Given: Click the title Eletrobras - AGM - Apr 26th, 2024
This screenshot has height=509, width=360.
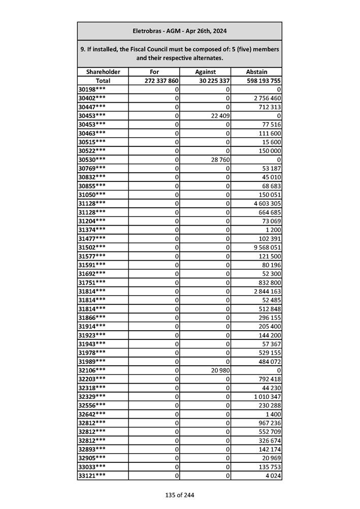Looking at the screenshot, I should [179, 31].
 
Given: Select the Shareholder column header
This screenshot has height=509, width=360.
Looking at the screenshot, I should [103, 72].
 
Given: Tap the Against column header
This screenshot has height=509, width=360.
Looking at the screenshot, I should [205, 72].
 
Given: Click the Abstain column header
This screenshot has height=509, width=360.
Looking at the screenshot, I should [256, 72].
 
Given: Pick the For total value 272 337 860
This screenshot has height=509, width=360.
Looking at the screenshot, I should [161, 81].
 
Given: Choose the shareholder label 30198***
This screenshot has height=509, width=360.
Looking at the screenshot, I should [92, 89].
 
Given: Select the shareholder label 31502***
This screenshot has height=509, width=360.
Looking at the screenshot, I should [92, 247].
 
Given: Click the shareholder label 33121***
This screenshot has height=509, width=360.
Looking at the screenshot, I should [92, 476].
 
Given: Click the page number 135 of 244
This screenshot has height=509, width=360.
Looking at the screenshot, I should [179, 495].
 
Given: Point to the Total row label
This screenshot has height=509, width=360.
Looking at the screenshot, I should [103, 81].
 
